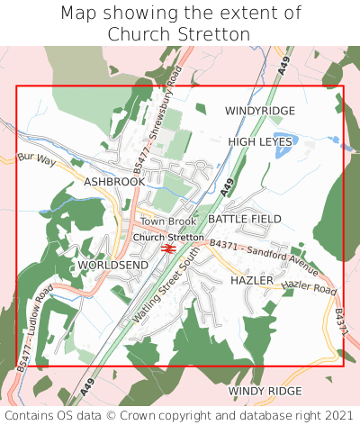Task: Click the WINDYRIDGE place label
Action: click(259, 111)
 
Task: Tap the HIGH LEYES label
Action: click(260, 142)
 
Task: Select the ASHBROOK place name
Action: click(113, 182)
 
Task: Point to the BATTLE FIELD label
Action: click(245, 219)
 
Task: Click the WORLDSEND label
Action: click(112, 267)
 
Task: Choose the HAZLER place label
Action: click(251, 281)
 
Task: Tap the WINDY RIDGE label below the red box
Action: click(265, 391)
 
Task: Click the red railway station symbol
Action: click(168, 249)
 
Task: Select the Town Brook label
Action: click(167, 222)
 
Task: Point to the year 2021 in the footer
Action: click(336, 415)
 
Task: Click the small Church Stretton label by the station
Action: click(168, 238)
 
